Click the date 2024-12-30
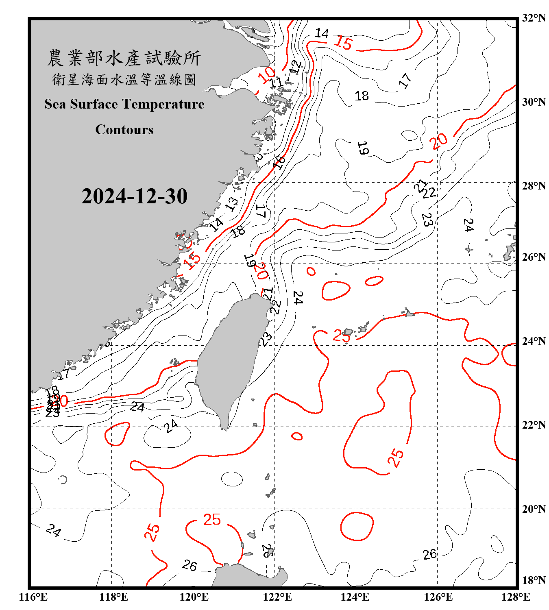[x=134, y=196]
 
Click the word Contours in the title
[x=124, y=129]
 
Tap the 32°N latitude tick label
[x=534, y=18]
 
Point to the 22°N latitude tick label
[x=534, y=425]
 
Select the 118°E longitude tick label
[x=113, y=597]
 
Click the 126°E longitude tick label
[x=438, y=597]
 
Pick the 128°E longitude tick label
[x=516, y=597]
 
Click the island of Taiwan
[x=232, y=358]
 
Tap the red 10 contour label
[x=267, y=75]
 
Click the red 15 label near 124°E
[x=343, y=43]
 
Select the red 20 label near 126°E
[x=439, y=141]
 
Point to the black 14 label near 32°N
[x=321, y=33]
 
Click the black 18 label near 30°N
[x=362, y=96]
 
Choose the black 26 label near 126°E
[x=429, y=554]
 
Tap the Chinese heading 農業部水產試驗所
[x=124, y=58]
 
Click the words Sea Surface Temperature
[x=124, y=104]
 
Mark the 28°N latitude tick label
[x=534, y=186]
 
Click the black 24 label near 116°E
[x=53, y=530]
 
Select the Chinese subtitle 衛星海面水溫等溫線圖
[x=124, y=79]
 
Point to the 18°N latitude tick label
[x=534, y=580]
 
